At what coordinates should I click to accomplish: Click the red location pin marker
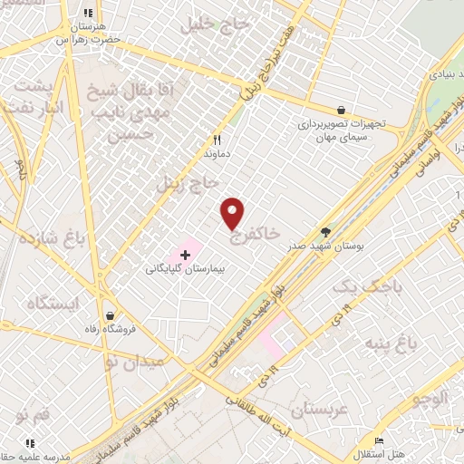pyautogui.click(x=233, y=213)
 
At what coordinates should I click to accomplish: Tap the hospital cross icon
pyautogui.click(x=185, y=255)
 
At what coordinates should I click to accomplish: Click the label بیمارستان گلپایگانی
pyautogui.click(x=185, y=270)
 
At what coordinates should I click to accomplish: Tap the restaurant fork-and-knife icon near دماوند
pyautogui.click(x=217, y=140)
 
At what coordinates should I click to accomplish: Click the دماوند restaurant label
pyautogui.click(x=217, y=154)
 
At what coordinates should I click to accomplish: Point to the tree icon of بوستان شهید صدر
pyautogui.click(x=325, y=232)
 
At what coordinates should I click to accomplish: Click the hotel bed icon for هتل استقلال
pyautogui.click(x=379, y=440)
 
